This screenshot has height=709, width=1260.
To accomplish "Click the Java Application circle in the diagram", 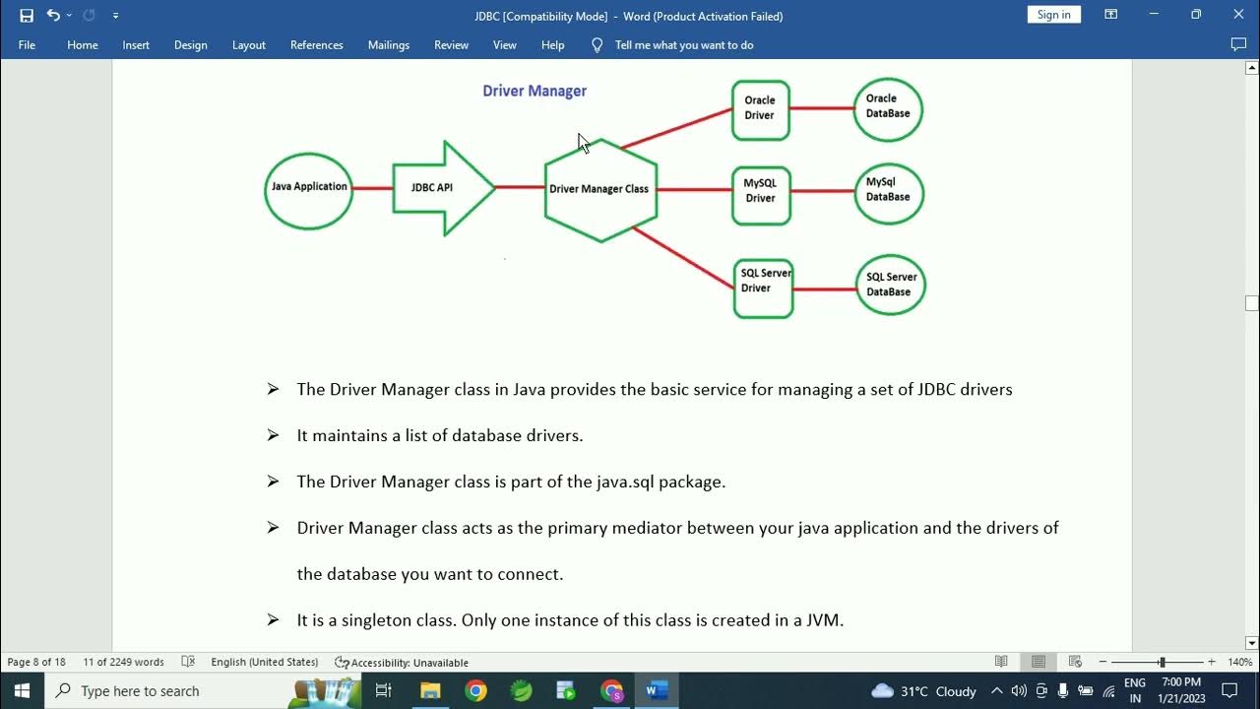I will click(309, 190).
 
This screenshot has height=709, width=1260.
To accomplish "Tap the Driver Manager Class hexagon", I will click(599, 189).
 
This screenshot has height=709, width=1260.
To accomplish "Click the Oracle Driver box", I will click(760, 109).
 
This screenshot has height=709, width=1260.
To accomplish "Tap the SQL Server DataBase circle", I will click(890, 286).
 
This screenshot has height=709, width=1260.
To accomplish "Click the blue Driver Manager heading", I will click(535, 91).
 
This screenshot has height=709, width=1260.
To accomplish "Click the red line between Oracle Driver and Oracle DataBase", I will click(821, 108).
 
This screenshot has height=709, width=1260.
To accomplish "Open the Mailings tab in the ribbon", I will click(388, 45).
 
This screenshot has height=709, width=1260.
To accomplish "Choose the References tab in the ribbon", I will click(316, 45).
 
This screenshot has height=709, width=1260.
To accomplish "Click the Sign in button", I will click(1053, 15).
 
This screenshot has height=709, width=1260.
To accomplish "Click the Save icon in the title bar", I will click(27, 16).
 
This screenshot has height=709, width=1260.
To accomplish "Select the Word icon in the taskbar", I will click(657, 690).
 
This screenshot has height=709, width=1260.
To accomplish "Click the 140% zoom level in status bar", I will click(1239, 663).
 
